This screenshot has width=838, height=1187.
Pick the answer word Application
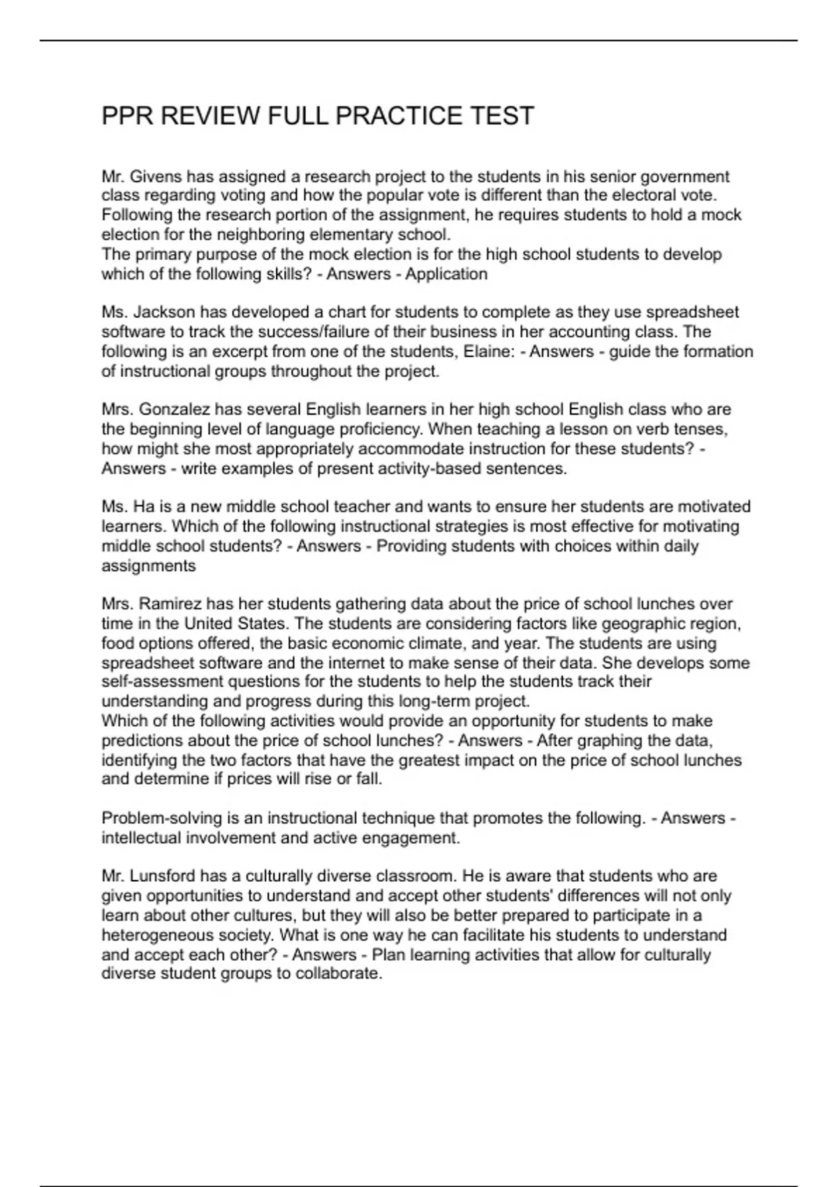(446, 274)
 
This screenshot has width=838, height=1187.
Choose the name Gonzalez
(175, 409)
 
